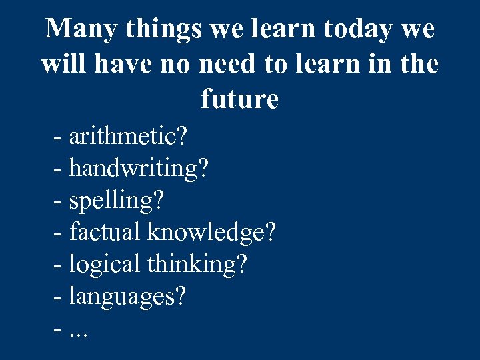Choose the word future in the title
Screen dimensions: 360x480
point(239,99)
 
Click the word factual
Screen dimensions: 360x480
point(105,232)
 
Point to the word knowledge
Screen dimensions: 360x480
point(204,232)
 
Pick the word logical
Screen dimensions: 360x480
point(105,265)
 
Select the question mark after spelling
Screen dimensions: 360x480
point(159,200)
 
